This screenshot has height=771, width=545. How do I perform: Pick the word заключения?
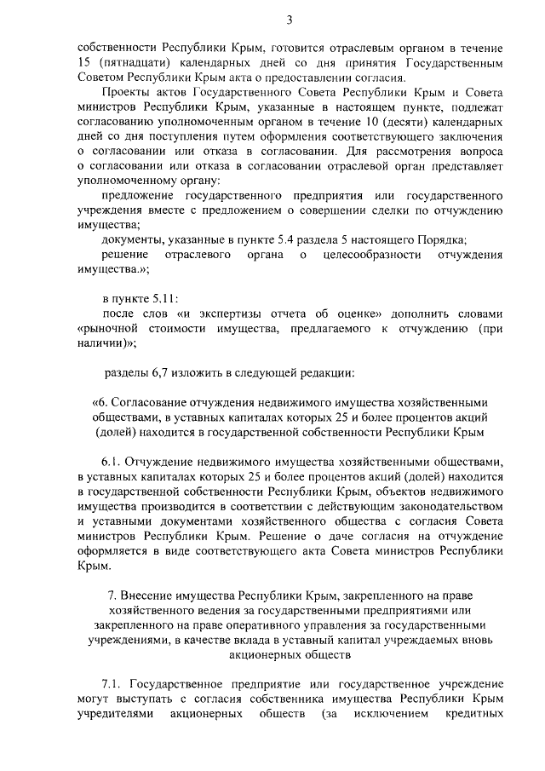(473, 135)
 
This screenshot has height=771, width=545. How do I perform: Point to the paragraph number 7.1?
(114, 684)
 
